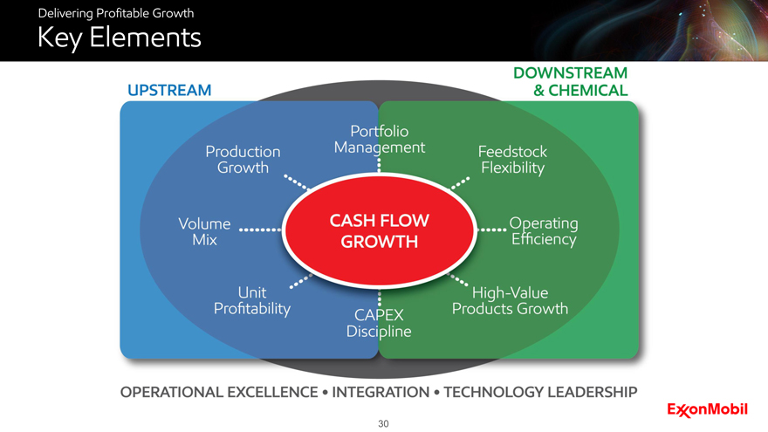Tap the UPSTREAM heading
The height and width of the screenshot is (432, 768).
click(x=169, y=90)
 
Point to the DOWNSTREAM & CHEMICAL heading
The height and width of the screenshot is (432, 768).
click(x=571, y=81)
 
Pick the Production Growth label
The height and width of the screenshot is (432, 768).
click(x=243, y=159)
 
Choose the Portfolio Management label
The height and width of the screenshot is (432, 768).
click(x=380, y=140)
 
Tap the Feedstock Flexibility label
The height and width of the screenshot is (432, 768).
click(x=512, y=159)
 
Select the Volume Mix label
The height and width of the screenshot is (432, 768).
click(x=204, y=231)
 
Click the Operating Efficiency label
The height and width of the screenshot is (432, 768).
click(x=544, y=231)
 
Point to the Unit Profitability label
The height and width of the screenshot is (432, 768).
click(x=252, y=300)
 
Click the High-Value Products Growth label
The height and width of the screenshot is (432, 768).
click(x=511, y=300)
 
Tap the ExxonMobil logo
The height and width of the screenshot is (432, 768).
click(x=707, y=408)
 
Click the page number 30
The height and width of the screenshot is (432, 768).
click(x=383, y=424)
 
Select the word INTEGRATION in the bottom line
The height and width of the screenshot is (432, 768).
click(x=379, y=392)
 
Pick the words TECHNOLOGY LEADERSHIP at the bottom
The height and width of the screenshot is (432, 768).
click(x=540, y=392)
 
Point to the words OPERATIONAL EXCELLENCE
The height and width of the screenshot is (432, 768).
click(x=218, y=392)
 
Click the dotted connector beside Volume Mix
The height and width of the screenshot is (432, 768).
click(x=259, y=231)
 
